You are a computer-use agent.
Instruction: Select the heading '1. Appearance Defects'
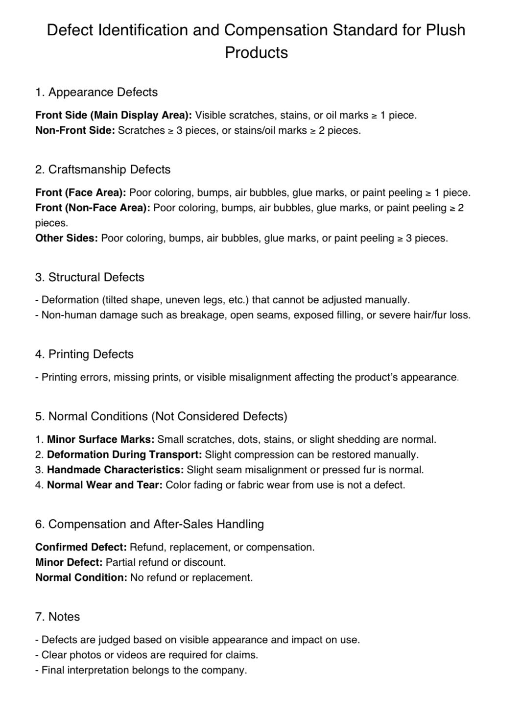pyautogui.click(x=96, y=92)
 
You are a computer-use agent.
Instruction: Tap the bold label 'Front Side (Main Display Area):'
pyautogui.click(x=114, y=115)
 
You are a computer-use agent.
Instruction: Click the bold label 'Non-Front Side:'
pyautogui.click(x=75, y=130)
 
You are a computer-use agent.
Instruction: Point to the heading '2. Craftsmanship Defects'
pyautogui.click(x=103, y=169)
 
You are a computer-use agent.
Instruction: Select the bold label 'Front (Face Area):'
pyautogui.click(x=81, y=192)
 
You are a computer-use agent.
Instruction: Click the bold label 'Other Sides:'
pyautogui.click(x=67, y=238)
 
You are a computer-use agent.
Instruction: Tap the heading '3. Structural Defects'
pyautogui.click(x=90, y=277)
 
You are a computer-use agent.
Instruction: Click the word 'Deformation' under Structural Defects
pyautogui.click(x=70, y=300)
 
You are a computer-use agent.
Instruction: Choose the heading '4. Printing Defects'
pyautogui.click(x=84, y=354)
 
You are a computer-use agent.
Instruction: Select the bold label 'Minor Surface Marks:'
pyautogui.click(x=100, y=439)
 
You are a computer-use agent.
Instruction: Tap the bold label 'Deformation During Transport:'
pyautogui.click(x=124, y=455)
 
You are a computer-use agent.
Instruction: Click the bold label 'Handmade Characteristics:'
pyautogui.click(x=115, y=470)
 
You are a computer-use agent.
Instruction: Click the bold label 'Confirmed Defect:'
pyautogui.click(x=81, y=547)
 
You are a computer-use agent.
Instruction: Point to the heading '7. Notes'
pyautogui.click(x=57, y=617)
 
